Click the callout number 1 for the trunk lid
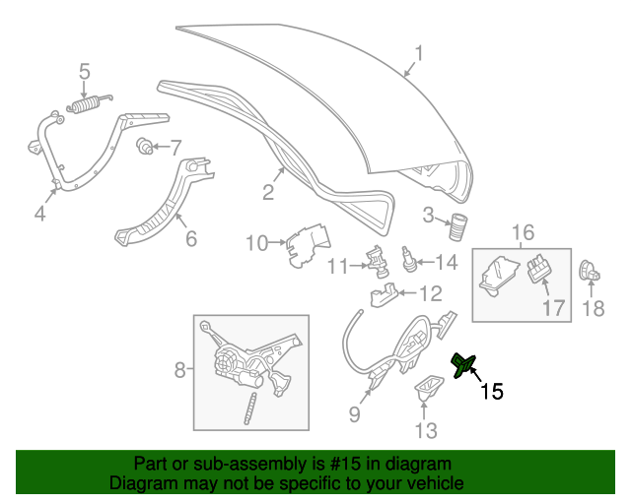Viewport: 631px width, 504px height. pos(418,53)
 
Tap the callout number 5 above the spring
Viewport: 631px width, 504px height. pos(85,71)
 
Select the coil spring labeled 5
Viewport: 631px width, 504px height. pos(87,102)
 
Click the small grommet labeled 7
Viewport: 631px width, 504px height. pos(146,149)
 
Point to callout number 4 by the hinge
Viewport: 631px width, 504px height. pos(39,213)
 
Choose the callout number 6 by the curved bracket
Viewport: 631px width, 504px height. pos(190,237)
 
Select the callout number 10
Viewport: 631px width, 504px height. pos(256,242)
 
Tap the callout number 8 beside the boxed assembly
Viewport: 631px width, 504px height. pos(179,370)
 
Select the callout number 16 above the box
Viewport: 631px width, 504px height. pos(523,233)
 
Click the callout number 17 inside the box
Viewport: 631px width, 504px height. pos(554,307)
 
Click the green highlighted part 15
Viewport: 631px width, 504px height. pos(462,366)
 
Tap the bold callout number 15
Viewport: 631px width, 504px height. pos(491,391)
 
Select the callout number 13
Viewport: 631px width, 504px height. pos(424,429)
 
